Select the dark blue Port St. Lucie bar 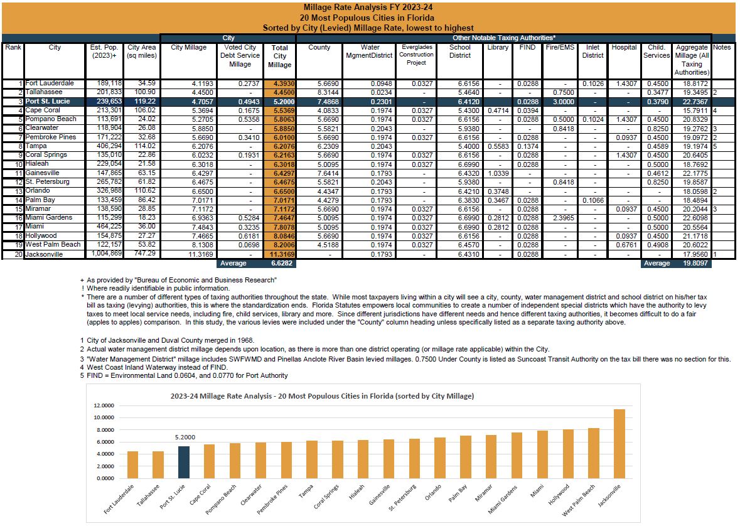tap(181, 462)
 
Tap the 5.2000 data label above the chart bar tap(181, 437)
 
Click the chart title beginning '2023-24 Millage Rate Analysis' tap(322, 396)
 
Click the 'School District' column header tap(459, 51)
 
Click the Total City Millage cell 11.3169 tap(280, 255)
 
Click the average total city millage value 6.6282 tap(282, 264)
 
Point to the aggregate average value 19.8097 tap(693, 264)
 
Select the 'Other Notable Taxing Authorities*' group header tap(503, 38)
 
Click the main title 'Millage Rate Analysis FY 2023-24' tap(370, 8)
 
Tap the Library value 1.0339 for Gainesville tap(497, 173)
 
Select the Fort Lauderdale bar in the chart tap(132, 464)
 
